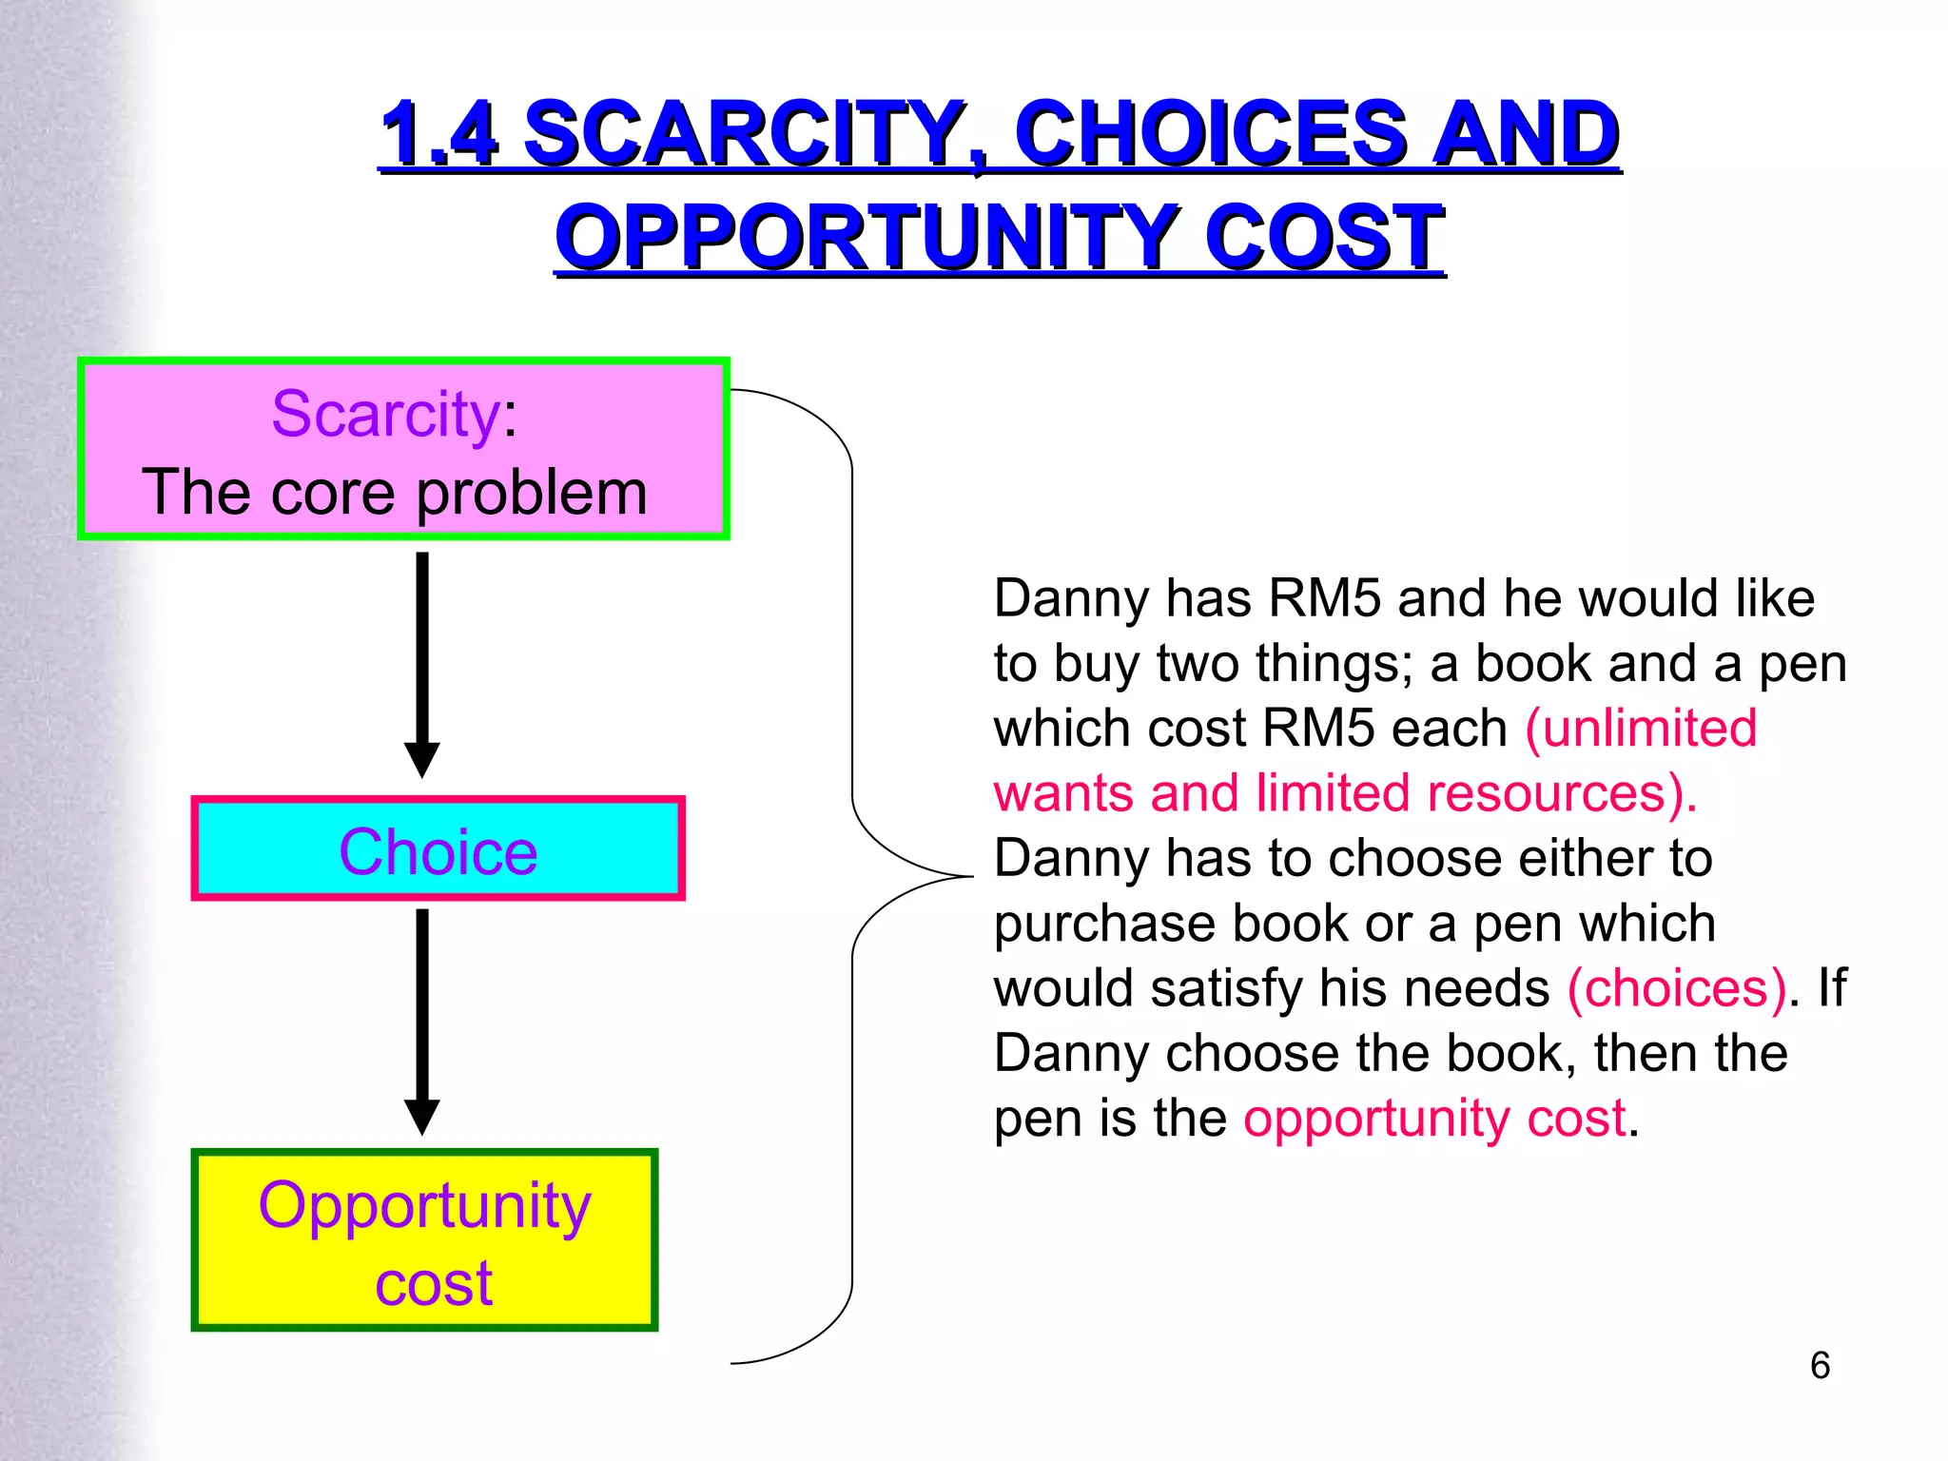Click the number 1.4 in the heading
438,134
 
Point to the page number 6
1820,1366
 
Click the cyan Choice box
438,849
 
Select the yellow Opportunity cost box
424,1240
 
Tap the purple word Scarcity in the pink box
385,414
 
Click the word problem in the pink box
532,493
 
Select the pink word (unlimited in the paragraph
1642,729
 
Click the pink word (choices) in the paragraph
1677,988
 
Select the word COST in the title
1324,238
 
